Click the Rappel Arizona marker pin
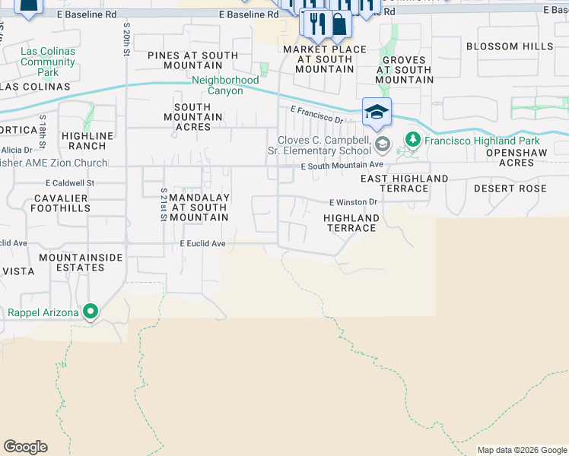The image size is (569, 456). pyautogui.click(x=91, y=312)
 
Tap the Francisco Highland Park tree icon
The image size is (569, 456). pyautogui.click(x=413, y=140)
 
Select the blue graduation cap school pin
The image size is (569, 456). pyautogui.click(x=377, y=112)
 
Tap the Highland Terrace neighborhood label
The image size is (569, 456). pyautogui.click(x=351, y=223)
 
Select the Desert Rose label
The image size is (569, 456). pyautogui.click(x=509, y=188)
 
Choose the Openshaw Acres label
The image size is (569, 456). pyautogui.click(x=521, y=157)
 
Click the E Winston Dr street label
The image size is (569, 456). pyautogui.click(x=353, y=203)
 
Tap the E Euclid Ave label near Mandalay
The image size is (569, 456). pyautogui.click(x=202, y=244)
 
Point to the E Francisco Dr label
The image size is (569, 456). pyautogui.click(x=316, y=114)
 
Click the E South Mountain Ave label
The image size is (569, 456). pyautogui.click(x=342, y=166)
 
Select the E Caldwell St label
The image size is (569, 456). pyautogui.click(x=69, y=183)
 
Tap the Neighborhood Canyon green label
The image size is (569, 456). pyautogui.click(x=218, y=86)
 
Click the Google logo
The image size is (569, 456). pyautogui.click(x=25, y=447)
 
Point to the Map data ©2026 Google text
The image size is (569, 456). pyautogui.click(x=522, y=450)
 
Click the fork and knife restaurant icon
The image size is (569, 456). pyautogui.click(x=317, y=24)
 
